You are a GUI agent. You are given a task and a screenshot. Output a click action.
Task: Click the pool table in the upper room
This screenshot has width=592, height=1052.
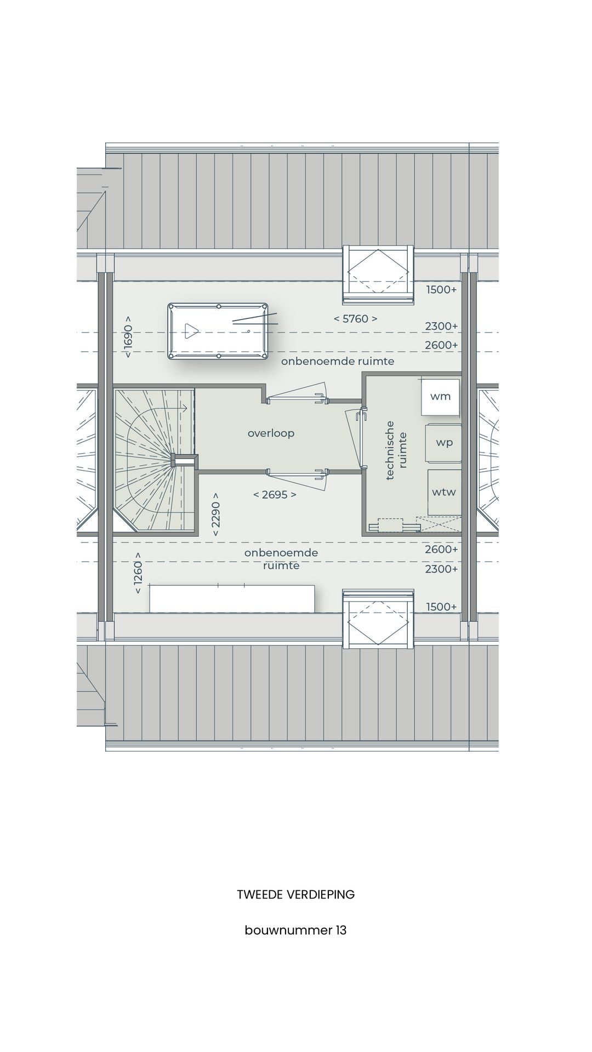tap(218, 331)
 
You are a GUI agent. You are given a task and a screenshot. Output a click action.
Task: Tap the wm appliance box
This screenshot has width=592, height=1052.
tap(440, 396)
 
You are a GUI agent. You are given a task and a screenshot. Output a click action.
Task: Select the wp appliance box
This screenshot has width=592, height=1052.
tap(444, 442)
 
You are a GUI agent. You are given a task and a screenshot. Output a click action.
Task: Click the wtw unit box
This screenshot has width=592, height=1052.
tap(443, 492)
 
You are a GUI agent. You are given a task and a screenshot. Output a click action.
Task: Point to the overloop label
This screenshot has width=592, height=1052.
tap(271, 433)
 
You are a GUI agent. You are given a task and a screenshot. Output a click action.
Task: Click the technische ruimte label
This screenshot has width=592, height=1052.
tap(396, 450)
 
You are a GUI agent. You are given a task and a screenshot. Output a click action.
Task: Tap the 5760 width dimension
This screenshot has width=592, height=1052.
tap(355, 319)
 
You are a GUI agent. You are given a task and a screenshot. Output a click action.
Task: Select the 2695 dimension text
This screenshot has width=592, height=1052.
tap(274, 495)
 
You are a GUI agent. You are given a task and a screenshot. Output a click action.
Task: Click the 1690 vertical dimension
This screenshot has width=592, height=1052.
tap(128, 337)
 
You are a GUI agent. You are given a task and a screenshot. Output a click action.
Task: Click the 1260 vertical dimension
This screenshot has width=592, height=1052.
tap(138, 573)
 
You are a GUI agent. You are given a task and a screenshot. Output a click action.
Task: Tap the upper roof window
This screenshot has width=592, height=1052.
tap(378, 274)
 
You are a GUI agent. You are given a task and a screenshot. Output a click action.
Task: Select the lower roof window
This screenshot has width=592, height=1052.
tap(378, 619)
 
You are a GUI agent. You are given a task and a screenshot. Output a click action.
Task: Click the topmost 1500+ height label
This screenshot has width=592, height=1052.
tap(441, 290)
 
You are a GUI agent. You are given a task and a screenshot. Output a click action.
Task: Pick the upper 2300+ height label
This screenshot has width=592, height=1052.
tap(441, 327)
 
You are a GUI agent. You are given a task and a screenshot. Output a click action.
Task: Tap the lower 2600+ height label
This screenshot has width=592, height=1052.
tap(441, 550)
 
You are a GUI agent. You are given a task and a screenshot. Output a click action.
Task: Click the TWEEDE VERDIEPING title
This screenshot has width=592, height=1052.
tap(295, 895)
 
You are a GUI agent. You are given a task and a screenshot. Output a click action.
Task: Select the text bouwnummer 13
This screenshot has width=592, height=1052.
tap(295, 930)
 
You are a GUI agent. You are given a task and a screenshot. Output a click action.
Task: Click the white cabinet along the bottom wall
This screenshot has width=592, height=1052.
tap(232, 598)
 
